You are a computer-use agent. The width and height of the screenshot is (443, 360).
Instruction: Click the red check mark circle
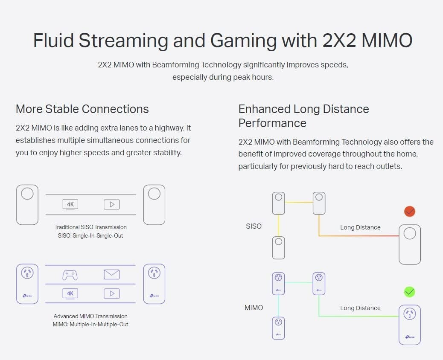point(410,212)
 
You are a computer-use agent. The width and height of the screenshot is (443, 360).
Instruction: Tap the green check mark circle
point(410,292)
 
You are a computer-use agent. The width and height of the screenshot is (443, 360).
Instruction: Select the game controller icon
point(70,275)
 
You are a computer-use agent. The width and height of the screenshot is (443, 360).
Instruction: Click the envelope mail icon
point(111,274)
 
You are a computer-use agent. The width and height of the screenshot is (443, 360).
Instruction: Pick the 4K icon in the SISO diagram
point(70,204)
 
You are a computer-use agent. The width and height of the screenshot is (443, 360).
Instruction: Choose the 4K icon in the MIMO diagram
point(70,293)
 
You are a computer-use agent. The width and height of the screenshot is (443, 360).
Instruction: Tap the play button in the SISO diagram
point(111,204)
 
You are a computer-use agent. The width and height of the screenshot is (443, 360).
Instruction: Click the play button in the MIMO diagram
point(111,293)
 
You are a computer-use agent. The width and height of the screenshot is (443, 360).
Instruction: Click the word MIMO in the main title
point(387,41)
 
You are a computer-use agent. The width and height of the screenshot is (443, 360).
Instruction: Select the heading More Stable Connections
point(82,109)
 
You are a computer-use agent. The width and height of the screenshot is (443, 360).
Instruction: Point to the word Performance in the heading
point(272,123)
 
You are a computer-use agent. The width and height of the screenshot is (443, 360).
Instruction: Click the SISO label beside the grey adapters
point(254,226)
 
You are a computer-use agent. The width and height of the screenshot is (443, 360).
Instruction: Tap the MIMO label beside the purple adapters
point(254,308)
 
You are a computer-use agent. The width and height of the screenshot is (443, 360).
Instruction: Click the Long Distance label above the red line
point(360,227)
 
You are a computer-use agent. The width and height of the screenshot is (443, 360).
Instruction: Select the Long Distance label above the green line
point(360,308)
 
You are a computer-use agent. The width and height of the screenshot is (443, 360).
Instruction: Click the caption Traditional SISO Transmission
point(90,227)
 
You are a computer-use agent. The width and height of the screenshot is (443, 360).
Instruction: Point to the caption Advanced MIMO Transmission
point(90,316)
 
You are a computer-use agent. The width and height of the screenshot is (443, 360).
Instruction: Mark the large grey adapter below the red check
point(410,244)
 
